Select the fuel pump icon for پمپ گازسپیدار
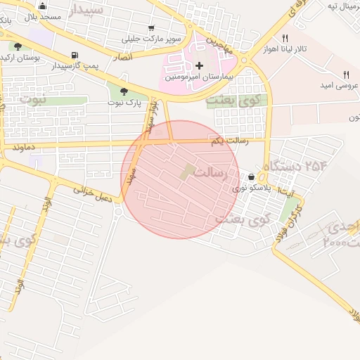pyautogui.click(x=75, y=56)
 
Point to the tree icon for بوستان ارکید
pyautogui.click(x=18, y=46)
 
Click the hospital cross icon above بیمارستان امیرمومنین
pyautogui.click(x=199, y=65)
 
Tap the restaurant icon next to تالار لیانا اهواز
pyautogui.click(x=285, y=39)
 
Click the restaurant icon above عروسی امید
pyautogui.click(x=346, y=75)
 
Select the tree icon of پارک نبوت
pyautogui.click(x=124, y=91)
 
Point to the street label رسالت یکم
pyautogui.click(x=229, y=141)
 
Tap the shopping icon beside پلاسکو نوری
pyautogui.click(x=252, y=176)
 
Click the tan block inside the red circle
pyautogui.click(x=188, y=171)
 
